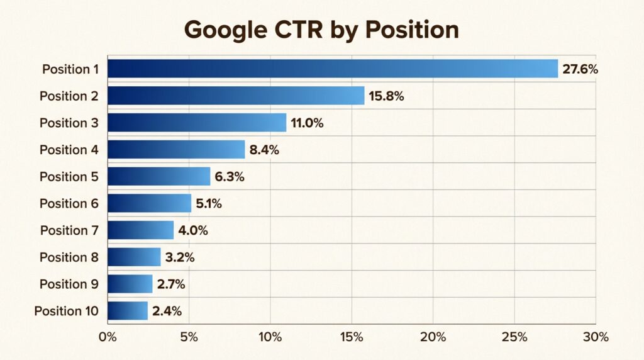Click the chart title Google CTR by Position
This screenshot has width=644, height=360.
click(321, 29)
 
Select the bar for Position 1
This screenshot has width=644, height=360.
click(332, 69)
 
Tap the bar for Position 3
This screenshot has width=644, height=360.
click(196, 123)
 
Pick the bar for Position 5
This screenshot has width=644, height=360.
click(158, 176)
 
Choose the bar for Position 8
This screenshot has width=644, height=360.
click(134, 257)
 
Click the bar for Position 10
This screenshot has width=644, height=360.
click(128, 311)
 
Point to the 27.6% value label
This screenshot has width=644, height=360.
click(580, 69)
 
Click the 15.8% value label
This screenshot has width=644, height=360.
click(386, 96)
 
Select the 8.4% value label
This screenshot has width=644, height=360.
click(264, 150)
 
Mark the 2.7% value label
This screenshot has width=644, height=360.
click(171, 284)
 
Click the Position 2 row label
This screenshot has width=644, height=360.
click(69, 96)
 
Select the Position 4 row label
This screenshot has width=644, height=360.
click(69, 150)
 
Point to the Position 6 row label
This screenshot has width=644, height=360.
click(69, 203)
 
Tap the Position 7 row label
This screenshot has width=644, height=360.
click(69, 230)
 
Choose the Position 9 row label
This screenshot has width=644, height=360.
click(69, 284)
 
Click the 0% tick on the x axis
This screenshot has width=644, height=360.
click(108, 337)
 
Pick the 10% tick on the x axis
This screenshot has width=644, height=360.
click(270, 337)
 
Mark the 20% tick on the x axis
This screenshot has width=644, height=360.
click(433, 337)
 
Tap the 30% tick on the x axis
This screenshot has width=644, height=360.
click(595, 337)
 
